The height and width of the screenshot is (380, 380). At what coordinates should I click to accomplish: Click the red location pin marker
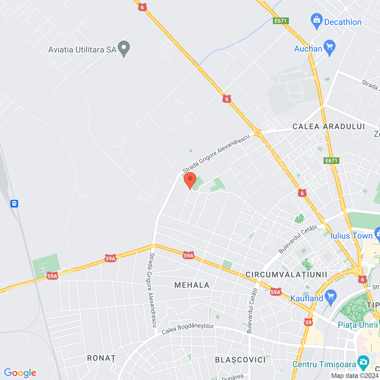coord(190,180)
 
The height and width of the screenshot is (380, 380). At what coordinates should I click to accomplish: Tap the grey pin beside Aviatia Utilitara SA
coord(124,49)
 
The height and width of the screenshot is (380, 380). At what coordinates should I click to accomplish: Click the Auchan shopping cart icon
coord(330,47)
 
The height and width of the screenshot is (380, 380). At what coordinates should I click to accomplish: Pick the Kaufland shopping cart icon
coord(330,297)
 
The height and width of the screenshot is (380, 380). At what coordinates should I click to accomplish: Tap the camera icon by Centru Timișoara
coord(363,362)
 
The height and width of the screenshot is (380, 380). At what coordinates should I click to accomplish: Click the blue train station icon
coord(14,204)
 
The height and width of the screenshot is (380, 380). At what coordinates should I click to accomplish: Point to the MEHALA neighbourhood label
coord(192,285)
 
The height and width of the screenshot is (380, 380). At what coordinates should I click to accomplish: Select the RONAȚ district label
coord(101,358)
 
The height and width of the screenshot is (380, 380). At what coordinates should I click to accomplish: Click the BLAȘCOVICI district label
coord(240,360)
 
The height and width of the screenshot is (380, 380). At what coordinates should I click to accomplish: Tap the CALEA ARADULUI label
coord(329,126)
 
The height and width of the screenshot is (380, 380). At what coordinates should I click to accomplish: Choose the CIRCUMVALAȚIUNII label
coord(286,275)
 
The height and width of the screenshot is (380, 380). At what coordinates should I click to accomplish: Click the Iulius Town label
coord(351,236)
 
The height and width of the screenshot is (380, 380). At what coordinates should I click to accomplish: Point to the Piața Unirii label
coord(358,325)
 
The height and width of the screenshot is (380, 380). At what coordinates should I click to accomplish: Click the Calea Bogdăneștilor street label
coord(188,329)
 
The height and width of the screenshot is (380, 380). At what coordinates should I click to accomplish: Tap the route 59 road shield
coord(308,322)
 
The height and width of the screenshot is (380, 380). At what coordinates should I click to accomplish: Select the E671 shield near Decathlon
coord(281,21)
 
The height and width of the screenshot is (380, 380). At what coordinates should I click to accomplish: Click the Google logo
coord(20,373)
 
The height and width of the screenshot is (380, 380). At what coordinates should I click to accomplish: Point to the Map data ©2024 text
coord(355,376)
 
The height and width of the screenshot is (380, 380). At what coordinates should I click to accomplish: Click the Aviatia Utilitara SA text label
coord(82,50)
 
